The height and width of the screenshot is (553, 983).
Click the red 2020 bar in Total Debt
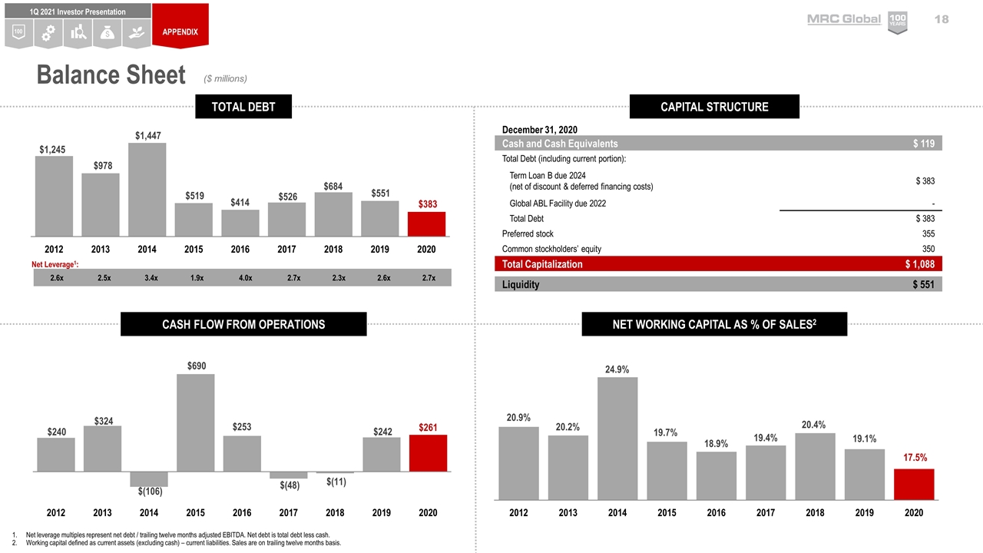point(426,224)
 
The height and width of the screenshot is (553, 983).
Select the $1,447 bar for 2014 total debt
point(147,189)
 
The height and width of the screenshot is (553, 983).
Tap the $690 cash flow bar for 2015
point(195,422)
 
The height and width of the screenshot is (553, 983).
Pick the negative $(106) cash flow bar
point(149,478)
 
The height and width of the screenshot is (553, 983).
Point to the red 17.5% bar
point(914,485)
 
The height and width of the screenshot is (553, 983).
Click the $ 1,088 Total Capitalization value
point(919,264)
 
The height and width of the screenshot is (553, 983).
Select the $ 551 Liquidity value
point(923,284)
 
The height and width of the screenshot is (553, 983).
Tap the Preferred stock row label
point(528,233)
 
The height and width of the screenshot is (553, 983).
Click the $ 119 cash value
point(924,144)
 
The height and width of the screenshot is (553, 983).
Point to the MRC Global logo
point(843,19)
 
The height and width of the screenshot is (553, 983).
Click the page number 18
point(942,19)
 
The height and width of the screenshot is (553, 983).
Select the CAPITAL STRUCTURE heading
point(714,107)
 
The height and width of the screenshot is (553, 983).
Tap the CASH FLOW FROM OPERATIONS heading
point(243,324)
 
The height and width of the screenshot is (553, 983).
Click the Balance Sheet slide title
point(111,75)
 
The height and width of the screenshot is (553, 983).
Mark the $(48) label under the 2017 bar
point(288,485)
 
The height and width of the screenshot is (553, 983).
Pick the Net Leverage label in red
point(58,264)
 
